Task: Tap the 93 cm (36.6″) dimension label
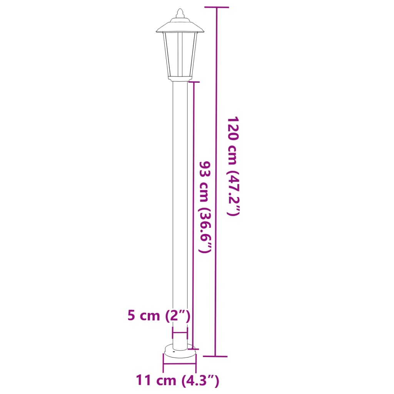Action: (x=205, y=207)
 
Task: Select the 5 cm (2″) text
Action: (x=159, y=316)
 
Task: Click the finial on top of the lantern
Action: (x=180, y=14)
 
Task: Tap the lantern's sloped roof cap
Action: (x=180, y=26)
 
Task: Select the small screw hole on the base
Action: (x=174, y=351)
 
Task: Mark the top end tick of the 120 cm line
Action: (x=217, y=7)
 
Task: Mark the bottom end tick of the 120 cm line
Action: (x=215, y=356)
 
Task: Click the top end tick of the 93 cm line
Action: (x=194, y=82)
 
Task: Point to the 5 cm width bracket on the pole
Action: (x=180, y=332)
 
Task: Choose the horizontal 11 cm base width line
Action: (x=180, y=361)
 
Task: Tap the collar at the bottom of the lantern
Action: (x=180, y=79)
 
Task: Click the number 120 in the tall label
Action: (x=234, y=129)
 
